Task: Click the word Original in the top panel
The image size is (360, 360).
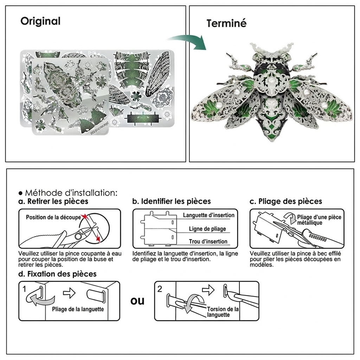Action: click(x=40, y=21)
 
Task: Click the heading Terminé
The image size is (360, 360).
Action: click(x=226, y=23)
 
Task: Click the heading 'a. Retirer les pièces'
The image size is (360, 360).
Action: click(x=53, y=201)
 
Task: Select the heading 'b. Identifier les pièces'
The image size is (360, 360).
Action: click(x=172, y=201)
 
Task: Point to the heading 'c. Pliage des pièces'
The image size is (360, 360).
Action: click(x=286, y=201)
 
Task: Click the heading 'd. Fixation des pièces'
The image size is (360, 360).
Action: click(x=57, y=274)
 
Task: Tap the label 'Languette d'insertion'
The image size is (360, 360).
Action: click(x=209, y=215)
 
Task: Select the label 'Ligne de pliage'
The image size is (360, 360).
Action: click(x=207, y=229)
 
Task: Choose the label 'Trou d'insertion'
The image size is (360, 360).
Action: click(x=208, y=242)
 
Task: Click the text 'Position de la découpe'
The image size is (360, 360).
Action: click(x=53, y=217)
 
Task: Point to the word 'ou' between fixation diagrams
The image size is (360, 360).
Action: click(x=137, y=301)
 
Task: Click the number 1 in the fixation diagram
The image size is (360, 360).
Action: click(x=24, y=289)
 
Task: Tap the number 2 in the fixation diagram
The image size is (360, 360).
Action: click(x=160, y=289)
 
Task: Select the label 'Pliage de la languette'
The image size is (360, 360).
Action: click(x=78, y=309)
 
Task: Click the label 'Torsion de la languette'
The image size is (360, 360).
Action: click(x=223, y=312)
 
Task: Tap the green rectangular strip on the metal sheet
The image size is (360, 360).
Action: click(x=143, y=119)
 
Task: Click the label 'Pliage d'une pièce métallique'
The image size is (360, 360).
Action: click(x=319, y=220)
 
